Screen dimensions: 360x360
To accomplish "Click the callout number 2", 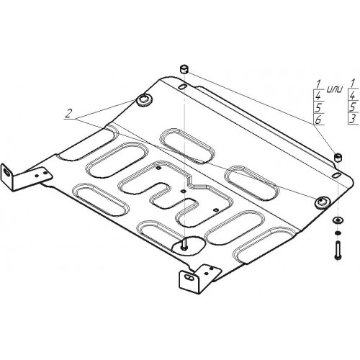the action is point(68,113).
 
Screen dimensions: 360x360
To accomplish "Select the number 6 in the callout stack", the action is point(318,120).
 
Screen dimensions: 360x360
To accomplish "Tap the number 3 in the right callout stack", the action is point(352,120).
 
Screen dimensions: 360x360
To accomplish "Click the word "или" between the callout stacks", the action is point(335,89).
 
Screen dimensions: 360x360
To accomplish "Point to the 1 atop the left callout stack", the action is point(318,84).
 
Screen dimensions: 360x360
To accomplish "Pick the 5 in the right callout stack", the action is point(352,107).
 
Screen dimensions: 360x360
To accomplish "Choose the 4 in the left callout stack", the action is point(318,96).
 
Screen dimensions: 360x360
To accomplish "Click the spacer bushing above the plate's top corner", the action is point(184,68).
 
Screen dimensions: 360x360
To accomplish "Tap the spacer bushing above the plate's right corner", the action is point(338,157).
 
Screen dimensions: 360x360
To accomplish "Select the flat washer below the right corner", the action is point(338,220).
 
